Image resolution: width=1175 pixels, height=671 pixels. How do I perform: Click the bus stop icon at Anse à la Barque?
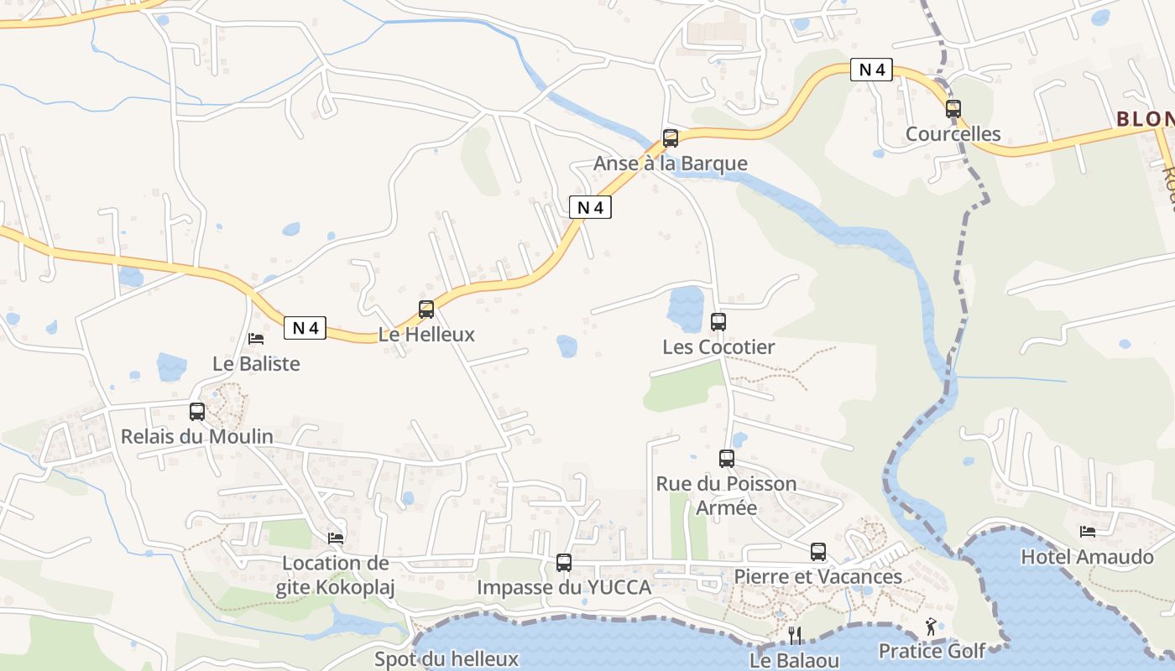pos(670,138)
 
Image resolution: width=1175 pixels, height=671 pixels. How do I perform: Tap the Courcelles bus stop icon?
pos(953,109)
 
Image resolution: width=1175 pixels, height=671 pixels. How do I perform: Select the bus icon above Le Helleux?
pos(426,309)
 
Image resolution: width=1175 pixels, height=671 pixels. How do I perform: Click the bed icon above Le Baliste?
pos(256,339)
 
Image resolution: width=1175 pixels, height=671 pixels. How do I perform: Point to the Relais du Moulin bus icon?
pos(197,412)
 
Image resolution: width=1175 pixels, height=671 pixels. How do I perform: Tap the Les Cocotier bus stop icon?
pos(718,322)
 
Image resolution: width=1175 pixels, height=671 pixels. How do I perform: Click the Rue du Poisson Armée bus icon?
pos(727,459)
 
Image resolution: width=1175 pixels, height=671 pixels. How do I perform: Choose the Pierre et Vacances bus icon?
pos(818,552)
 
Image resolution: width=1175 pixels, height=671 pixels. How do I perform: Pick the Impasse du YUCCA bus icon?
pos(564,563)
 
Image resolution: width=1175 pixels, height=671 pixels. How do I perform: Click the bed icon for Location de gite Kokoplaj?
pos(336,538)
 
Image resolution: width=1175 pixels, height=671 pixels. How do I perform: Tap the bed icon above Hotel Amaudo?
pos(1088,532)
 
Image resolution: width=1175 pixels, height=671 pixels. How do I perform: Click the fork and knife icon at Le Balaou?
pos(795,635)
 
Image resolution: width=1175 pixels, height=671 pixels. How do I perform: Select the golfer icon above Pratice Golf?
pos(931,627)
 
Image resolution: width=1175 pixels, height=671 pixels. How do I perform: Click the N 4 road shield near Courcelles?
pos(871,70)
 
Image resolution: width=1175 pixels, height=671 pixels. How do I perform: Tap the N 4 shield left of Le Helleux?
pos(305,328)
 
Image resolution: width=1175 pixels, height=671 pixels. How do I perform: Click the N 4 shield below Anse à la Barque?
pos(590,207)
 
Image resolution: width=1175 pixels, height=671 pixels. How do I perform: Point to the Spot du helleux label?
pos(446,659)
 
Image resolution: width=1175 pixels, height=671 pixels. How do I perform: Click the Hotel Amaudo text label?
pos(1087,557)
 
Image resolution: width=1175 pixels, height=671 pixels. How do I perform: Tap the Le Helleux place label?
pos(426,335)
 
